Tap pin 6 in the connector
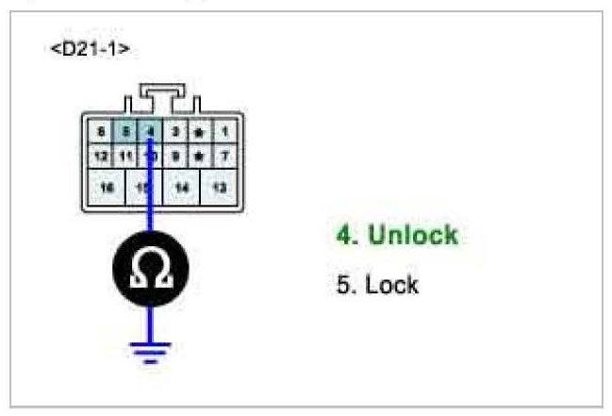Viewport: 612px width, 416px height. pyautogui.click(x=101, y=132)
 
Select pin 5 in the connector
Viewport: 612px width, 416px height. pyautogui.click(x=124, y=132)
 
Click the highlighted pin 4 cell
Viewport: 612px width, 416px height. pyautogui.click(x=149, y=132)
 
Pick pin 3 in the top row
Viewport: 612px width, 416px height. pyautogui.click(x=174, y=132)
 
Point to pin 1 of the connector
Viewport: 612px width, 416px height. pyautogui.click(x=223, y=132)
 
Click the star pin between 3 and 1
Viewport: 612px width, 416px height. pyautogui.click(x=199, y=132)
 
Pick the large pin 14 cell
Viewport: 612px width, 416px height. pyautogui.click(x=182, y=188)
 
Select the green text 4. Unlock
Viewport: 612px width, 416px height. pyautogui.click(x=396, y=236)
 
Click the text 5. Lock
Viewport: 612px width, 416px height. pyautogui.click(x=377, y=284)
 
